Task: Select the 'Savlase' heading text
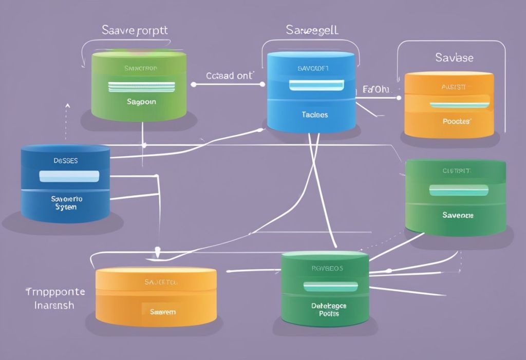454,57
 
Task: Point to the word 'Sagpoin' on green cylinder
141,102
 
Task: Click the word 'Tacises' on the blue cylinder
315,115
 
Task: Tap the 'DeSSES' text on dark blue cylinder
65,160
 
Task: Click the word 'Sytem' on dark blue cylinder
65,207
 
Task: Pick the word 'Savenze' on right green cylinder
458,215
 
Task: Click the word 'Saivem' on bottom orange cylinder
162,312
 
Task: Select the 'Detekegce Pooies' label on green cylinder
329,309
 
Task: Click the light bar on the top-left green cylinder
141,86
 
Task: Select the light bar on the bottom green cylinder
330,287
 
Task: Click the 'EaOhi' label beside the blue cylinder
376,90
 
